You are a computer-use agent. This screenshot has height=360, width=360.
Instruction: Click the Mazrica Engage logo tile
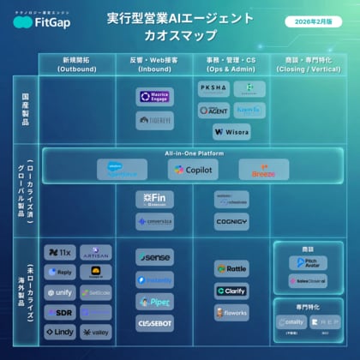click(x=154, y=98)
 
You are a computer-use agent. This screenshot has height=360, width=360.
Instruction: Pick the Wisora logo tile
click(x=231, y=133)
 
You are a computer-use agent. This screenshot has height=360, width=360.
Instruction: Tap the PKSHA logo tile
click(x=213, y=89)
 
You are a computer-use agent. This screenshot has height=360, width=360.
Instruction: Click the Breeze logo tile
click(x=263, y=170)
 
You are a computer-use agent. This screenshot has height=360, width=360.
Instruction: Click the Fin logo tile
click(x=154, y=199)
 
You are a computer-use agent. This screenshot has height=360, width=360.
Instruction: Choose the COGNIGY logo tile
click(x=231, y=221)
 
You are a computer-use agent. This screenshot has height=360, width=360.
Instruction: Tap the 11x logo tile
click(x=60, y=253)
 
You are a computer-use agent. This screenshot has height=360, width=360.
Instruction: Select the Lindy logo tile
click(x=60, y=331)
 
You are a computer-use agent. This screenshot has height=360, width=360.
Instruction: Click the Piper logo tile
click(x=154, y=301)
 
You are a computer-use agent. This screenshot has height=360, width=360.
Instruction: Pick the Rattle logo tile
click(x=231, y=269)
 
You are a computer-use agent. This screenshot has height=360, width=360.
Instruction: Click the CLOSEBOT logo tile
click(x=154, y=322)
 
